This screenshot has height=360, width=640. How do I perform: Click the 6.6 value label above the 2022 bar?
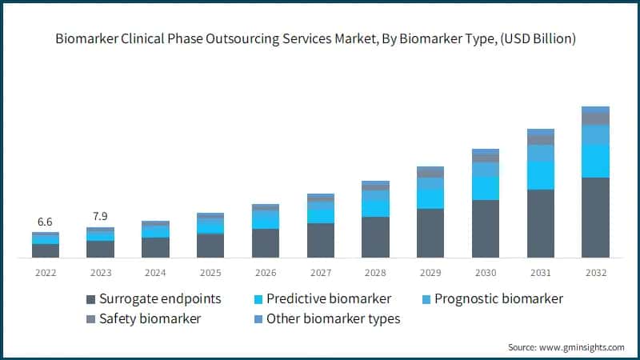tap(46, 222)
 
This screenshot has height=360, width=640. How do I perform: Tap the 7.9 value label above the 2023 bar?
tap(100, 217)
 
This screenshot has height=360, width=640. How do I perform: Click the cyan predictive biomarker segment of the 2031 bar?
tap(540, 174)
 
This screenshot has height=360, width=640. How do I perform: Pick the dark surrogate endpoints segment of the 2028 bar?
tap(375, 238)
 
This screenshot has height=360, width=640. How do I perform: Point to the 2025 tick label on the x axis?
tap(210, 273)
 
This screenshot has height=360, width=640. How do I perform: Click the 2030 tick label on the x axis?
tap(486, 273)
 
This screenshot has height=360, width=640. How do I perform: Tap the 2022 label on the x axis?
tap(46, 273)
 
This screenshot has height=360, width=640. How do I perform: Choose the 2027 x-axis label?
tap(320, 273)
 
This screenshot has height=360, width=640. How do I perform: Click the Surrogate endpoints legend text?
tap(160, 299)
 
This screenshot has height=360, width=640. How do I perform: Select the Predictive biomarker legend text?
tap(329, 299)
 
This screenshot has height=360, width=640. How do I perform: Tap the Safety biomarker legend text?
tap(150, 319)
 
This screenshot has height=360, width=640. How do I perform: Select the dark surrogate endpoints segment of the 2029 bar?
tap(430, 234)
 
